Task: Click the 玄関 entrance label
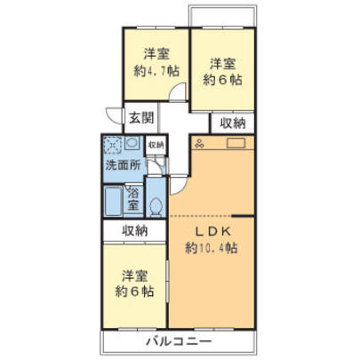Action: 140,117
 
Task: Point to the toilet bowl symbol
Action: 156,205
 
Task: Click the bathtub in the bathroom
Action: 114,201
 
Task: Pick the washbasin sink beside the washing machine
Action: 132,144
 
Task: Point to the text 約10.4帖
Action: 212,249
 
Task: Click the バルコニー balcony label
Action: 175,342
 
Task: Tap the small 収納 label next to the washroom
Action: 156,144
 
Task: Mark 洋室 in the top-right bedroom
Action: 222,63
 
